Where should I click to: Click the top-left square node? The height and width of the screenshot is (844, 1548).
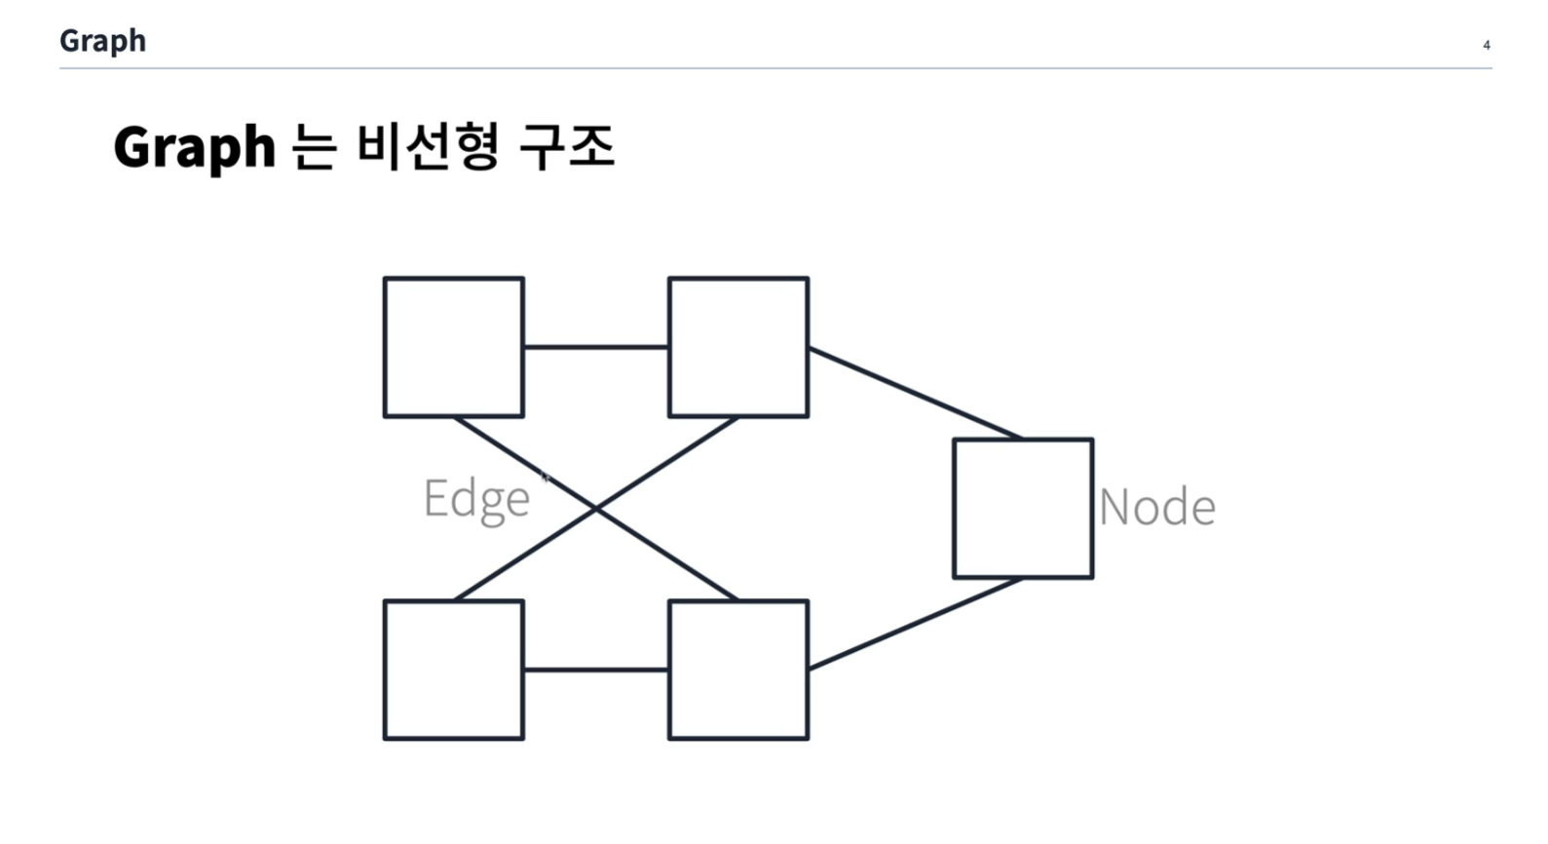[x=453, y=347]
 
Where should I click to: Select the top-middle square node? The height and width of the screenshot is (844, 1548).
[x=737, y=347]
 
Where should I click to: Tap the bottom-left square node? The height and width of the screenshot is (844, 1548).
[x=453, y=670]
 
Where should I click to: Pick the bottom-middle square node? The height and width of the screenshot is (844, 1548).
[x=737, y=670]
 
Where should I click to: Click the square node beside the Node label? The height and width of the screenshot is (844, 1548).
[x=1022, y=508]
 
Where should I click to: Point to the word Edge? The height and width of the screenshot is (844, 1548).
[x=476, y=499]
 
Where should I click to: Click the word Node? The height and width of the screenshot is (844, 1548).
[x=1156, y=508]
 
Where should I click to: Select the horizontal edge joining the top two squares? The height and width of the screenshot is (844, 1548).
[x=595, y=346]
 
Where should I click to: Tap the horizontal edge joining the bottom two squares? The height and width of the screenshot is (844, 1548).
[x=595, y=670]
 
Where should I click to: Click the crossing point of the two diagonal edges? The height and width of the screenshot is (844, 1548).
[x=596, y=508]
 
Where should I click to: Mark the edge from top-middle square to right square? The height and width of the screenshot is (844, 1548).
[x=914, y=393]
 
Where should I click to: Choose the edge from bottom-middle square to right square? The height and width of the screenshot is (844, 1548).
[x=914, y=624]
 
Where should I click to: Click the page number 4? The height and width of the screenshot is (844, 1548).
[x=1487, y=45]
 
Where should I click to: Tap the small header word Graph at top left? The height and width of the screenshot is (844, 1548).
[x=102, y=41]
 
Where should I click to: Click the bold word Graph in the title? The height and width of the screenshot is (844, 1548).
[x=194, y=147]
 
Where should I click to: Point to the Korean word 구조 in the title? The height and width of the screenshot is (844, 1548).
[x=567, y=146]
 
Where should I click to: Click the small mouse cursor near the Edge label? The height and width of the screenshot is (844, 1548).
[x=546, y=477]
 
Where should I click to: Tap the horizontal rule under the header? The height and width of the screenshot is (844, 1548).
[x=774, y=68]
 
